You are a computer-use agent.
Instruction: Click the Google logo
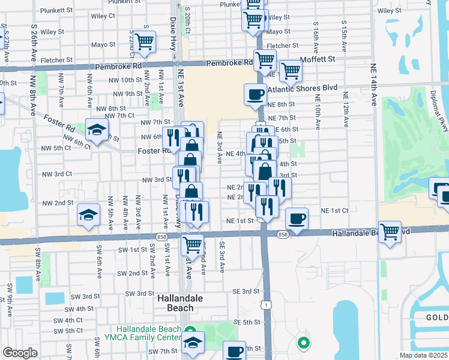pyautogui.click(x=19, y=353)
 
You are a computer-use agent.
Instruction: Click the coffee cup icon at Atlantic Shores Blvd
pyautogui.click(x=256, y=94)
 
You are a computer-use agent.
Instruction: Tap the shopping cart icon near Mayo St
pyautogui.click(x=145, y=42)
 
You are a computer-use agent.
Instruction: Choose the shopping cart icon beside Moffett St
pyautogui.click(x=291, y=70)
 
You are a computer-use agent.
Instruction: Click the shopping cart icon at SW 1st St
pyautogui.click(x=192, y=244)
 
